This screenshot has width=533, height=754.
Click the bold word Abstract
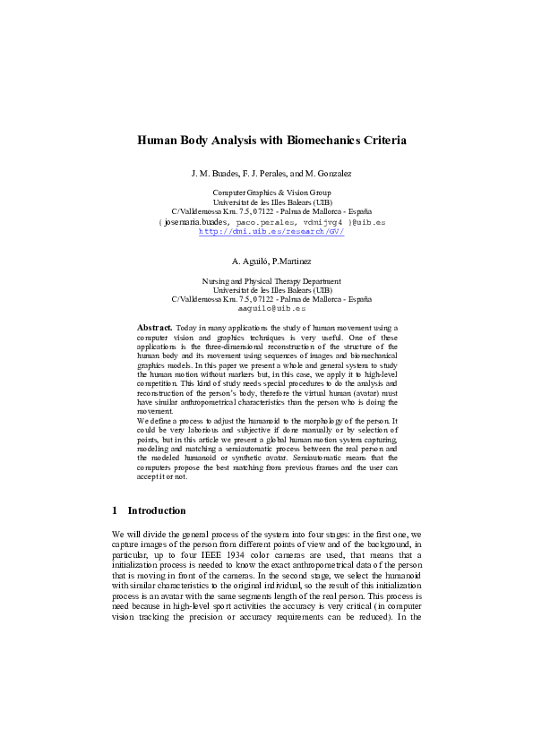(154, 329)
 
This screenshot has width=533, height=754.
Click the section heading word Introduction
(157, 510)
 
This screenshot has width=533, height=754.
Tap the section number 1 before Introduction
(116, 510)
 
